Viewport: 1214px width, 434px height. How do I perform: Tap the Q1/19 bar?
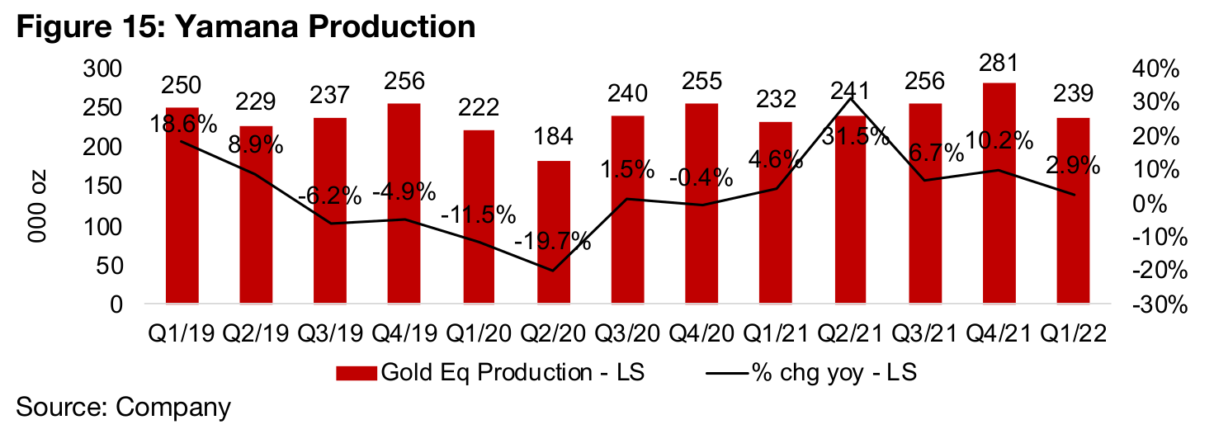[x=182, y=206]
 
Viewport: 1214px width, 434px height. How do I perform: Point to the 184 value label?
[x=554, y=136]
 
